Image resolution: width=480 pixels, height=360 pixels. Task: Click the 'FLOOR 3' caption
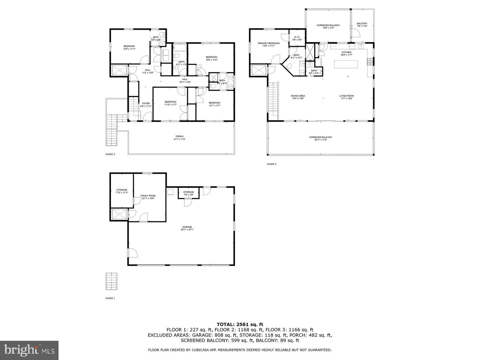pyautogui.click(x=272, y=164)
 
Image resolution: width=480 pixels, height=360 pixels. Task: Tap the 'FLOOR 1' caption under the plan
pyautogui.click(x=110, y=298)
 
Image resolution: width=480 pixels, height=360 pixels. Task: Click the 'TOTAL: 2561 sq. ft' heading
pyautogui.click(x=240, y=324)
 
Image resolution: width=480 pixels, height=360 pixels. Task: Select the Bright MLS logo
pyautogui.click(x=29, y=350)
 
